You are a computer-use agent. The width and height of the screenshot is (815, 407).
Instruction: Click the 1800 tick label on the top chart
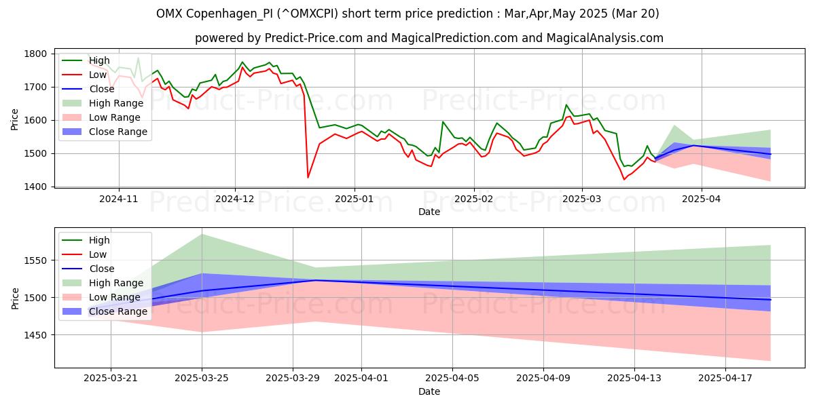35,54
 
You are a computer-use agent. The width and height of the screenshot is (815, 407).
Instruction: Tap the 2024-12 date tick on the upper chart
235,199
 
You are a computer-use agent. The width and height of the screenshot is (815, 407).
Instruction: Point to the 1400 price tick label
35,187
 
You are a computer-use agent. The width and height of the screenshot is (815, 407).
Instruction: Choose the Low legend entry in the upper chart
98,75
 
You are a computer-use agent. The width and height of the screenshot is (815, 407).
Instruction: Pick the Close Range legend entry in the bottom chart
118,311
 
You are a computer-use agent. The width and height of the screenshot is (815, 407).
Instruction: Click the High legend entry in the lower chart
99,240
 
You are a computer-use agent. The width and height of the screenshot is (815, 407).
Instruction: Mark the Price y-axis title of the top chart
15,119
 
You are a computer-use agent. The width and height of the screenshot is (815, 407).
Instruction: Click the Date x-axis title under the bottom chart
429,391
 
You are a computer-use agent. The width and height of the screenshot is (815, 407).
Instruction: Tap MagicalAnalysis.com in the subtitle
598,38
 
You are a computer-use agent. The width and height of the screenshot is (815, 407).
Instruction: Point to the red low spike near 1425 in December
308,178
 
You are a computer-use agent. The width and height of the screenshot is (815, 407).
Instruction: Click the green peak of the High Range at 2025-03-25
202,234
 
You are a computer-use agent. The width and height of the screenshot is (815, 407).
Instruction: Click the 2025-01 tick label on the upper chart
354,199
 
